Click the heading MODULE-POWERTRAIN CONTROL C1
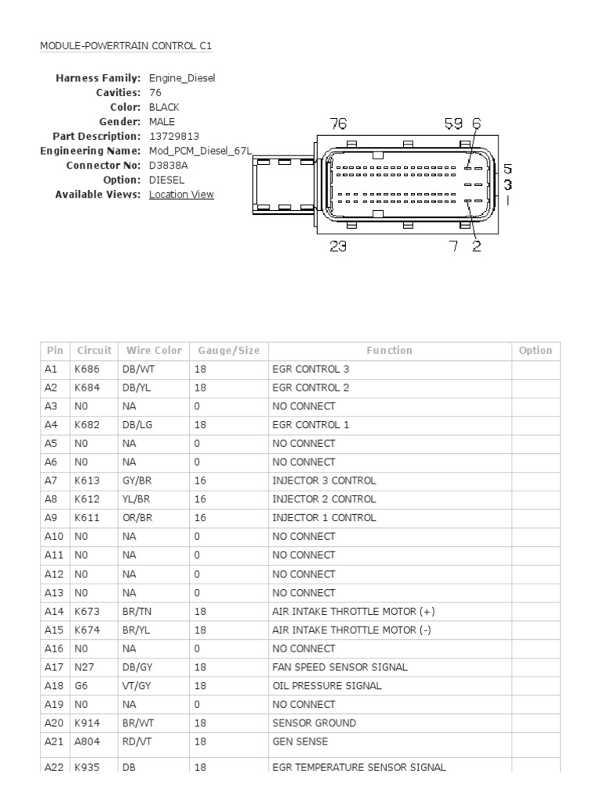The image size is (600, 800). click(126, 46)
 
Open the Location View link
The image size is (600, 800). click(181, 195)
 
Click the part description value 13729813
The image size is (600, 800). click(174, 136)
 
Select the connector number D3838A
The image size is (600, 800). click(168, 166)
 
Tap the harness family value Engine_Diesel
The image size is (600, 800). click(182, 78)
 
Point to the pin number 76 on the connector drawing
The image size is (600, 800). click(338, 123)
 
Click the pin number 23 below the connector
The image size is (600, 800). click(338, 246)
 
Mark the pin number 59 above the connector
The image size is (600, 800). click(453, 123)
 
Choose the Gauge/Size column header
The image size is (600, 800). click(228, 351)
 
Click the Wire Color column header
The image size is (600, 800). click(153, 351)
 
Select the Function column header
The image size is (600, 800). click(389, 351)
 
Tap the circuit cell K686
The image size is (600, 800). click(87, 369)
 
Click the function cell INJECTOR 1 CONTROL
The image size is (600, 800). click(323, 518)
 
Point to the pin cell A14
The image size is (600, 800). click(52, 611)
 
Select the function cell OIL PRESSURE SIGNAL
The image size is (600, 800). click(327, 686)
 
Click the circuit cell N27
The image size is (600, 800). click(84, 667)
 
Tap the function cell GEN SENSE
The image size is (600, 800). click(300, 741)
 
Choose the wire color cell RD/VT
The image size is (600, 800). click(135, 741)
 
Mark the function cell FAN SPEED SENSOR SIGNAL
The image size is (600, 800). click(340, 667)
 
